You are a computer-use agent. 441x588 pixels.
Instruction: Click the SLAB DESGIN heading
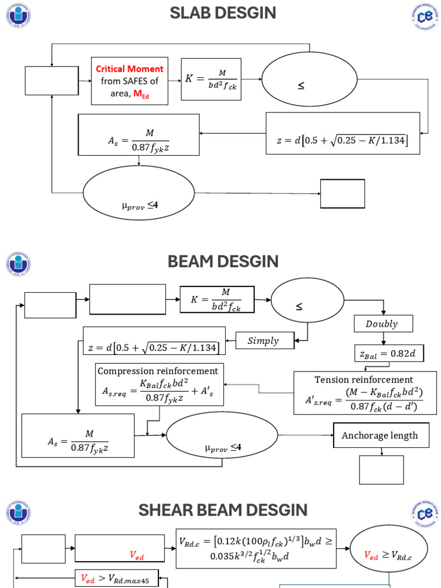coord(223,13)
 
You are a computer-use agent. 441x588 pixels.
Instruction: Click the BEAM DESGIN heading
coord(223,261)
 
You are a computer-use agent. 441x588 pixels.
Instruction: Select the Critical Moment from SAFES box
coord(130,81)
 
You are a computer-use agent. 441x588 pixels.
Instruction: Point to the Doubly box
coord(382,324)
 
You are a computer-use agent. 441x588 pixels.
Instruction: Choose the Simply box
coord(264,341)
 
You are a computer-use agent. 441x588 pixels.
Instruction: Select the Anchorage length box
coord(380,436)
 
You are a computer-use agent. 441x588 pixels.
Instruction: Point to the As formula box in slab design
coord(138,134)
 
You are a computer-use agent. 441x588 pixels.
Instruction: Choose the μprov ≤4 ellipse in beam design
coord(222,435)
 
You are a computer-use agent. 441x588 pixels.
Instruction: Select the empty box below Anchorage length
coord(381,470)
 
